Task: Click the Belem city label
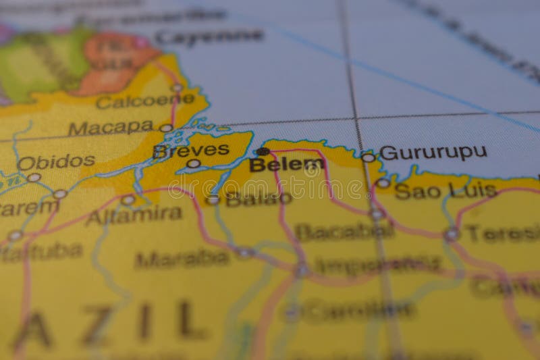[x=287, y=164]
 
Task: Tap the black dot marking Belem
[x=263, y=151]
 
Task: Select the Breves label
[x=190, y=150]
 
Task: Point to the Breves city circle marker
[x=194, y=163]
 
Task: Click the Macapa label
[x=111, y=127]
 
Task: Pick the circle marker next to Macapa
[x=165, y=128]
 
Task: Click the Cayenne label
[x=209, y=36]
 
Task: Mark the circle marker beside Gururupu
[x=368, y=157]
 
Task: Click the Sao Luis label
[x=446, y=190]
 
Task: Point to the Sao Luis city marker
[x=383, y=182]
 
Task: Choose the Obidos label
[x=56, y=162]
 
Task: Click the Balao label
[x=259, y=199]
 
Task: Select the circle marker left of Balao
[x=213, y=200]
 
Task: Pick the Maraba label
[x=182, y=258]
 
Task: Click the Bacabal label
[x=344, y=232]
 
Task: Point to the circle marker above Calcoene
[x=177, y=87]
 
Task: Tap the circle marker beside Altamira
[x=128, y=200]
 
